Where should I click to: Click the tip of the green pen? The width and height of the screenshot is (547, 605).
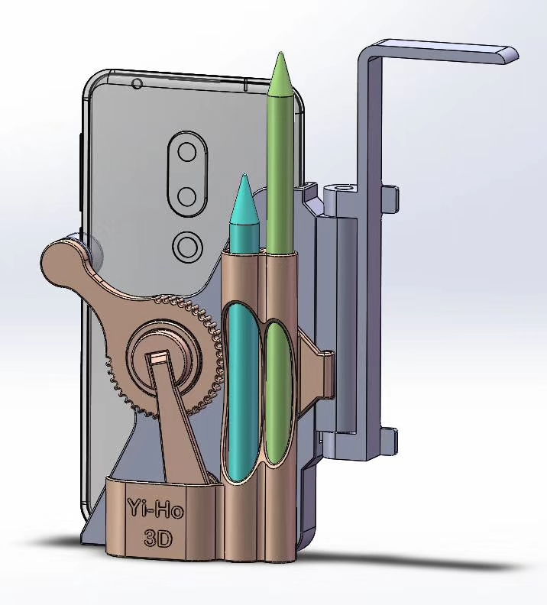coord(280,53)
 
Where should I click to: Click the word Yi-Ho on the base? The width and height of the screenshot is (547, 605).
coord(155,509)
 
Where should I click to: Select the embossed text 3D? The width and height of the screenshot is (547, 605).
coord(158,538)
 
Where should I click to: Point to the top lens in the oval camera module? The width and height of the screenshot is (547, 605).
coord(187,153)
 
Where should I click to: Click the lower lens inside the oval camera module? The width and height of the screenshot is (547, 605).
coord(187,197)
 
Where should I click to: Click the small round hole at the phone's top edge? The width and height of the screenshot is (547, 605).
coord(137,83)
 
